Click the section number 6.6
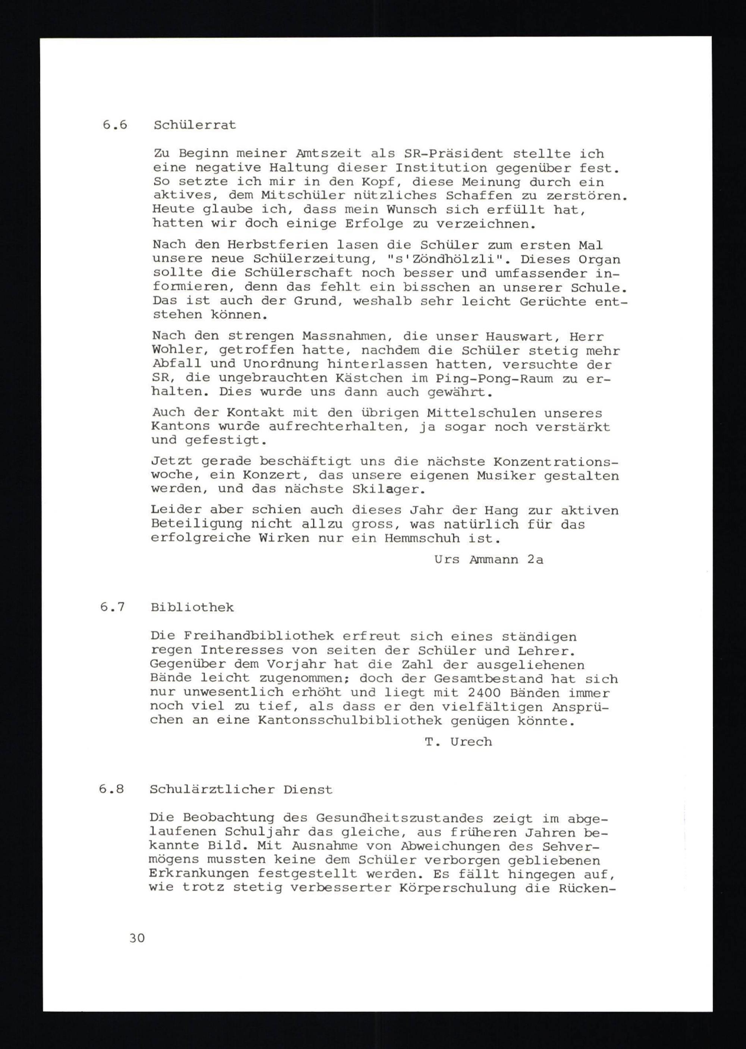click(x=115, y=125)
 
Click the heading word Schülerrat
click(x=195, y=125)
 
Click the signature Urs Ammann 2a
click(x=488, y=559)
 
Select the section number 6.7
click(x=113, y=607)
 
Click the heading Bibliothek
click(x=192, y=607)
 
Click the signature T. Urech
click(x=458, y=742)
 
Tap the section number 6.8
click(x=112, y=789)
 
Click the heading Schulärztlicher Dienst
click(x=240, y=789)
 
